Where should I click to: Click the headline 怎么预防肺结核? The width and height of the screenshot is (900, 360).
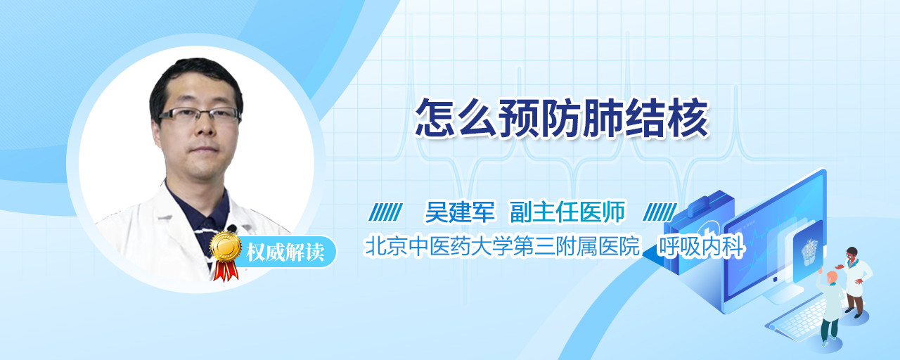562,118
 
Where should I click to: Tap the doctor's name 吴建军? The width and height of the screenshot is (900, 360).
460,212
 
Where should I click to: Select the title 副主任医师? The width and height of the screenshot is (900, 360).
567,212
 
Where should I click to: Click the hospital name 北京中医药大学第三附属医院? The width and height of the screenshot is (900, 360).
502,246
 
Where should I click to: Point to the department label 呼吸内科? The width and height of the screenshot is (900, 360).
701,246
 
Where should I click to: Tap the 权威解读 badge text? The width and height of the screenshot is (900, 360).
285,252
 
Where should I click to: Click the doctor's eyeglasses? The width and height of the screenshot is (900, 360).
200,115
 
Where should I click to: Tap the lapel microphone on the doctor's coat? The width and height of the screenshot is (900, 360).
232,229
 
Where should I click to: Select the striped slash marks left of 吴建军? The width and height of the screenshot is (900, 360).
386,212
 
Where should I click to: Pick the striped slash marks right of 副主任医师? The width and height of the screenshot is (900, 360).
660,212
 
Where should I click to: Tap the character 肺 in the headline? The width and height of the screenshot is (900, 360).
603,118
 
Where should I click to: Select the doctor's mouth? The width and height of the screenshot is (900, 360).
204,150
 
